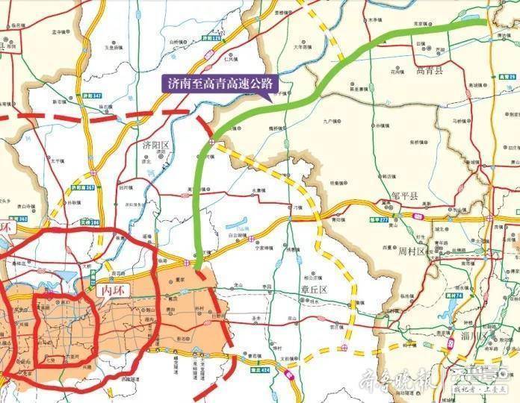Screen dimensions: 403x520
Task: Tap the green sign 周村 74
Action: (x=453, y=295)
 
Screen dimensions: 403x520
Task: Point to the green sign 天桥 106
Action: (x=89, y=222)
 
